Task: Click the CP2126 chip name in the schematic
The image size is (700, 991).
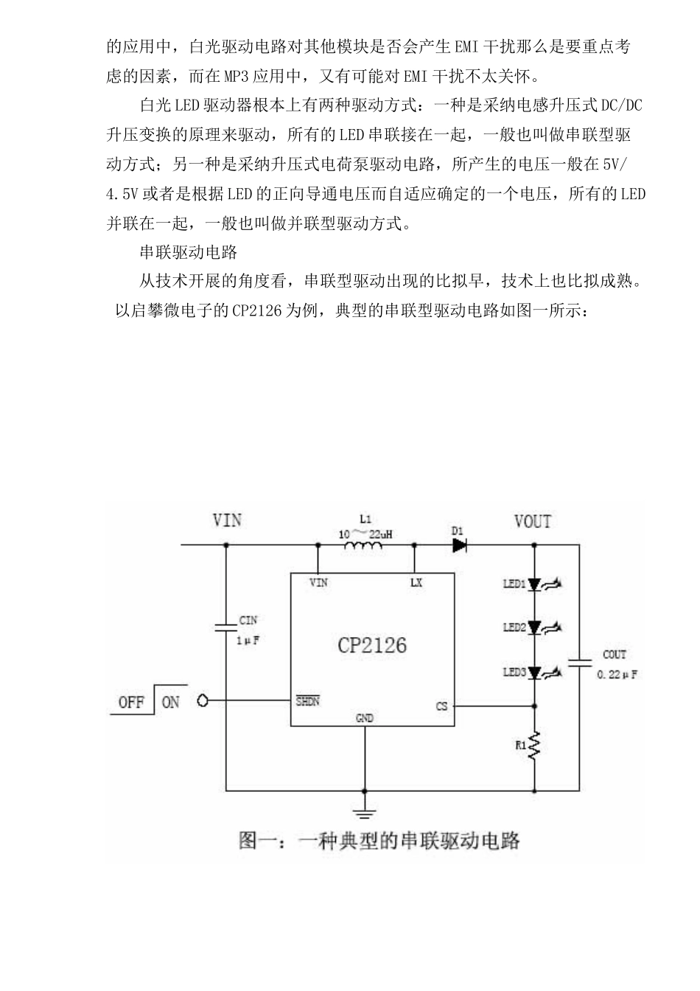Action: click(x=372, y=645)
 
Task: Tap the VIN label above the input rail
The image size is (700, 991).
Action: click(x=227, y=521)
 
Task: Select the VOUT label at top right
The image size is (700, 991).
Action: click(x=532, y=522)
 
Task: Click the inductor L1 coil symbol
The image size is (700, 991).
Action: click(x=363, y=546)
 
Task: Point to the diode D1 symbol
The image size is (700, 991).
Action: click(x=460, y=546)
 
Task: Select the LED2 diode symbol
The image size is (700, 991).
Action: click(x=536, y=628)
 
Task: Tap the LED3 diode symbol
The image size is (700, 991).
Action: click(x=536, y=672)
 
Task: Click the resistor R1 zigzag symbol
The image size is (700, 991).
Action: click(x=536, y=746)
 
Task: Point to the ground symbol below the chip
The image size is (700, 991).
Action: click(x=364, y=813)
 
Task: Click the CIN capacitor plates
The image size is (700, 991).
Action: click(x=225, y=627)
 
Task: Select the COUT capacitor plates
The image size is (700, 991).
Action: click(x=580, y=661)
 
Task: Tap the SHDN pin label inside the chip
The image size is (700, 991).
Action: click(x=308, y=701)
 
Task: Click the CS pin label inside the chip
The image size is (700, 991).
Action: click(x=441, y=706)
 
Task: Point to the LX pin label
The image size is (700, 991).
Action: click(x=416, y=583)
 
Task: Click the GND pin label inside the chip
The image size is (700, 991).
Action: click(x=364, y=717)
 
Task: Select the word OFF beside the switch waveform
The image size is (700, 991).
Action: click(x=131, y=702)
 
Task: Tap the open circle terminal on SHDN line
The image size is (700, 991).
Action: click(x=203, y=701)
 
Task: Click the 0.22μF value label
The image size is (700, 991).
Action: click(x=617, y=675)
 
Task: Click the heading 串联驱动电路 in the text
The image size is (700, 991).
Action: click(x=189, y=252)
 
